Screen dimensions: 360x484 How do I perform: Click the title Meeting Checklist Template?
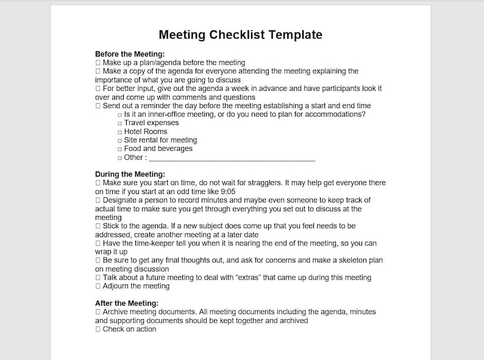pyautogui.click(x=240, y=35)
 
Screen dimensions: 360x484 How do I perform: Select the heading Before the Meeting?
pyautogui.click(x=130, y=54)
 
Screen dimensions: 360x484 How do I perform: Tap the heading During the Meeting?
pyautogui.click(x=130, y=174)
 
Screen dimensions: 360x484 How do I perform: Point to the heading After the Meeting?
pyautogui.click(x=127, y=303)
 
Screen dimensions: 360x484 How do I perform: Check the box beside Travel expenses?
pyautogui.click(x=119, y=123)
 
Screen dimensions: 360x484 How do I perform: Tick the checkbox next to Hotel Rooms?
pyautogui.click(x=119, y=132)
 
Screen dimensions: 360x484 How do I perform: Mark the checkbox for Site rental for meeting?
pyautogui.click(x=119, y=140)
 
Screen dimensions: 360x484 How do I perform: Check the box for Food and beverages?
pyautogui.click(x=119, y=149)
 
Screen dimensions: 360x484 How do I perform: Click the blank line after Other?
pyautogui.click(x=232, y=157)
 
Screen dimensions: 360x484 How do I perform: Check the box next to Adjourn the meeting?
pyautogui.click(x=98, y=286)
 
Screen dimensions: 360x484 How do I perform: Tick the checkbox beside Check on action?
pyautogui.click(x=98, y=329)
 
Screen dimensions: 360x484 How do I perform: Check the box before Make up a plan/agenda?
pyautogui.click(x=98, y=62)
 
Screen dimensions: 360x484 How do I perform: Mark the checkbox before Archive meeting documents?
pyautogui.click(x=98, y=312)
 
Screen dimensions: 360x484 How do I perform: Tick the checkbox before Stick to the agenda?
pyautogui.click(x=98, y=226)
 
